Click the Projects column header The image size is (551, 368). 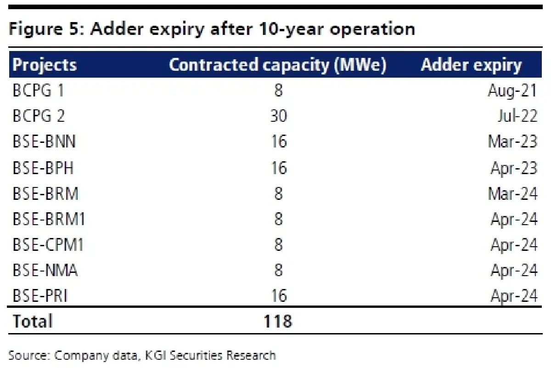pos(45,65)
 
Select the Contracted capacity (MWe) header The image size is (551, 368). pos(278,65)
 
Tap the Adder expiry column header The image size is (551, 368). pos(471,65)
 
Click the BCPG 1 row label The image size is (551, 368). pos(39,91)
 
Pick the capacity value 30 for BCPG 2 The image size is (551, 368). pos(278,116)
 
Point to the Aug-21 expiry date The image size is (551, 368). pos(512,91)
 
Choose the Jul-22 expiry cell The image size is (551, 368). pos(517,116)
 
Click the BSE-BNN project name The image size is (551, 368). pos(44,142)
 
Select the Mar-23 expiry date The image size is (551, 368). pos(512,142)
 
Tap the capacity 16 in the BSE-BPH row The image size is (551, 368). pos(279,168)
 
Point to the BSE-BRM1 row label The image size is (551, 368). pos(49,219)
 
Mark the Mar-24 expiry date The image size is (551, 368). pos(512,194)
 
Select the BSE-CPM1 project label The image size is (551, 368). pos(48,245)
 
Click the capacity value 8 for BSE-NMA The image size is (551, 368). pos(278,270)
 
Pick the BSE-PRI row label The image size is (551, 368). pos(40,295)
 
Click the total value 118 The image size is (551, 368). pos(278,321)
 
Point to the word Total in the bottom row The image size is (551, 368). pos(33,321)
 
